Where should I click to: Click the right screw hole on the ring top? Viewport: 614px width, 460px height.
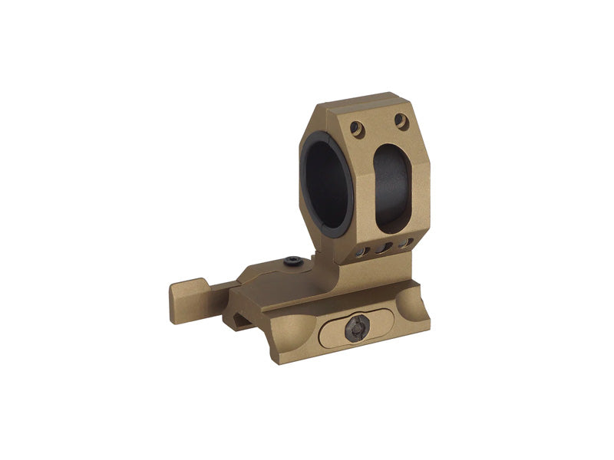click(x=401, y=120)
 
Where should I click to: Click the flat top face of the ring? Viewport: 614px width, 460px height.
click(x=361, y=102)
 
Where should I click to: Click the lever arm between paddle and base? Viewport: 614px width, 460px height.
click(x=219, y=289)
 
